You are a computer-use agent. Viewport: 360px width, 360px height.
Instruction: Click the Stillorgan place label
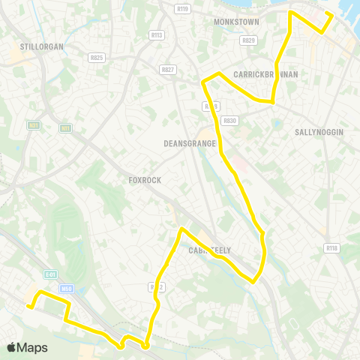tap(40, 46)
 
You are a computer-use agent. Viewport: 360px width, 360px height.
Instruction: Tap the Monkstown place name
tap(235, 22)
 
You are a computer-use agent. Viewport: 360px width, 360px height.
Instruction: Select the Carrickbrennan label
tap(265, 74)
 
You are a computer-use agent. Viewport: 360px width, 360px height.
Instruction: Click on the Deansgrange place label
tap(190, 143)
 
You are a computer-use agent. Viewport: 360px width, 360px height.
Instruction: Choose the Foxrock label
tap(145, 180)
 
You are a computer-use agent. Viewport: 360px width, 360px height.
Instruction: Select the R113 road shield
tap(156, 34)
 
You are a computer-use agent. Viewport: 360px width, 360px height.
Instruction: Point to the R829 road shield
tap(248, 40)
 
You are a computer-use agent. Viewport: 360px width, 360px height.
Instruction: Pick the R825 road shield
tap(96, 57)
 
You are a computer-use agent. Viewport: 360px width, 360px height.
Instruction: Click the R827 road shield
tap(167, 69)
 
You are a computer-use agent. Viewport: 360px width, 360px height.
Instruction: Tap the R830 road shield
tap(229, 121)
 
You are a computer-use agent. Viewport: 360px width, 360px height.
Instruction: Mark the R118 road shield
tap(331, 247)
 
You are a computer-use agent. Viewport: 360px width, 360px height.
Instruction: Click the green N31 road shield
tap(33, 125)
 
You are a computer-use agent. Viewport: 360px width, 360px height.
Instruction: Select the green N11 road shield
tap(66, 129)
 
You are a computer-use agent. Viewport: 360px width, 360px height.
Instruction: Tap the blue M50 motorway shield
tap(67, 288)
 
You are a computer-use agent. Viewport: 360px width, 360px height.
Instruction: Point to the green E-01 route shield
tap(50, 275)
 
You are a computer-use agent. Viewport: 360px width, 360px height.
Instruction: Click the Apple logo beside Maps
tap(11, 347)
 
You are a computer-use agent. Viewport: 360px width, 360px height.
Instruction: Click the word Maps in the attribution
tap(32, 347)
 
